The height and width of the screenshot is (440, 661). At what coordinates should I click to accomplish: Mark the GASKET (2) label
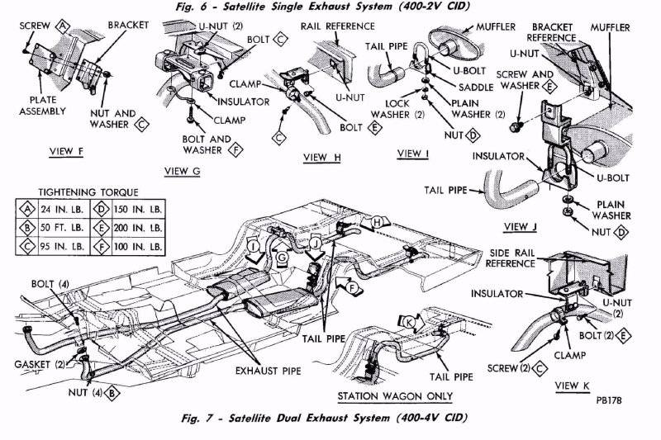[36, 363]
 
